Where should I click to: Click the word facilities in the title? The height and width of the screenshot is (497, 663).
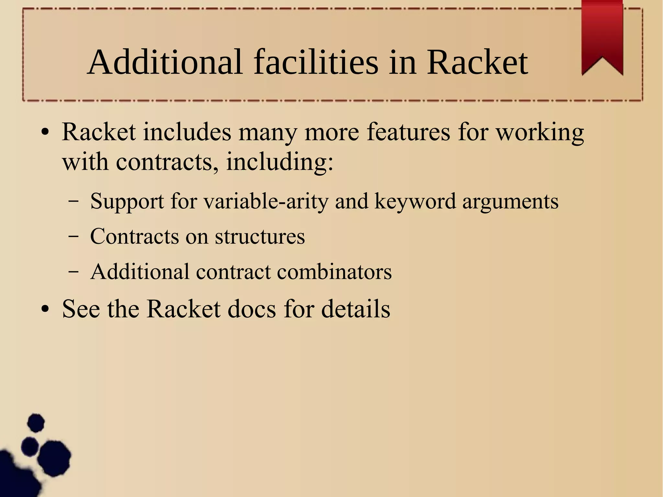(316, 62)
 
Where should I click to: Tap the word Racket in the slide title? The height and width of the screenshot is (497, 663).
(477, 62)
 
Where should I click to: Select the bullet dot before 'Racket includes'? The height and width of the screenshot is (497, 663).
(45, 133)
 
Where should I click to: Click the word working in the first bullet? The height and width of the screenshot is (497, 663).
(540, 133)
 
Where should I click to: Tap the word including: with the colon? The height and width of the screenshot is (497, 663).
(279, 162)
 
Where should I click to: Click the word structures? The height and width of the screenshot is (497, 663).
(260, 236)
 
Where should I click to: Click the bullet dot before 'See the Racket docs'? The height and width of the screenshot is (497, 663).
(45, 310)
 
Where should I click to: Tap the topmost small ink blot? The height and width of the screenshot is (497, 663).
(36, 423)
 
